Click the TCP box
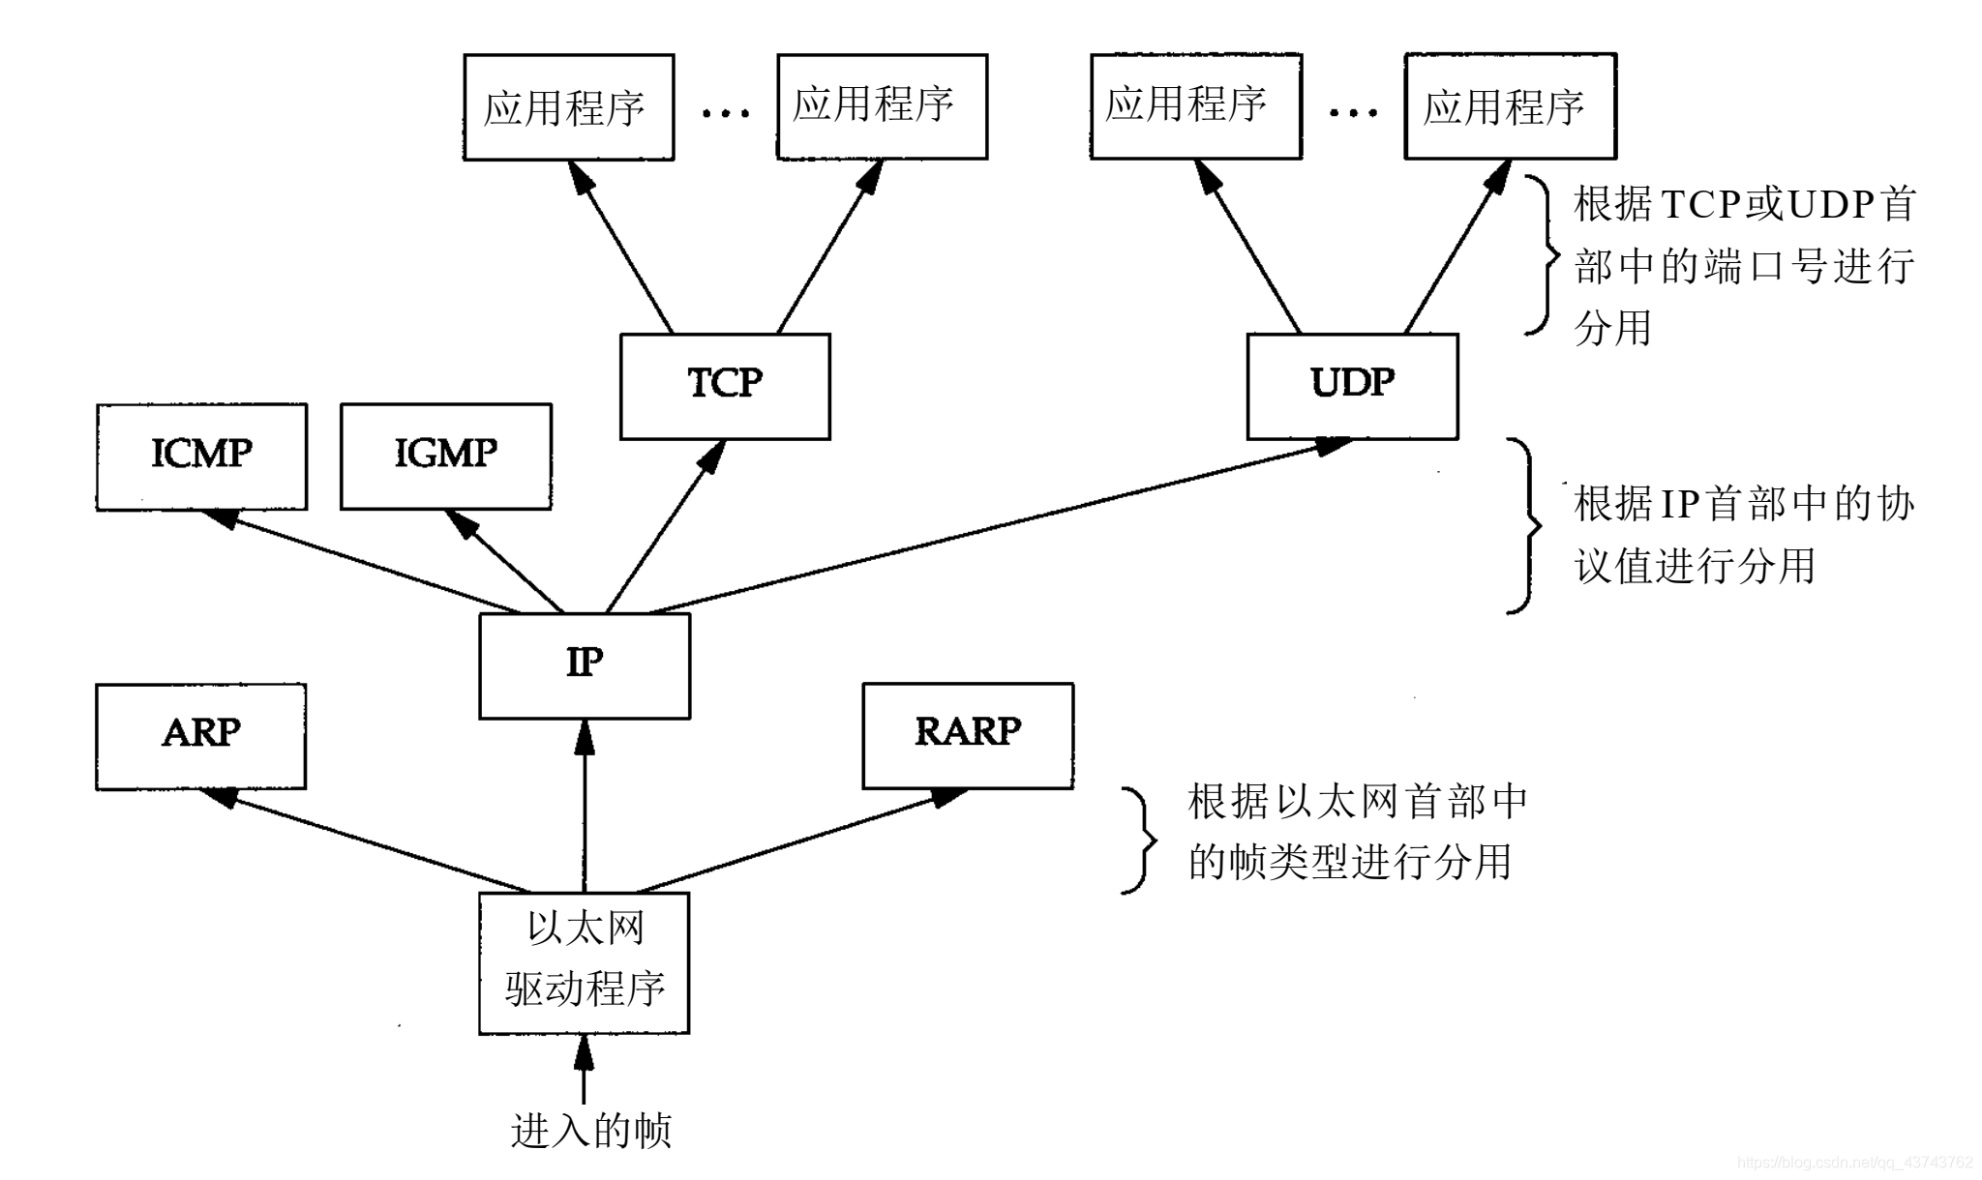(x=725, y=386)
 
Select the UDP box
(x=1352, y=386)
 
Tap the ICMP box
(x=201, y=456)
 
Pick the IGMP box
(x=446, y=456)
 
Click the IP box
(x=585, y=665)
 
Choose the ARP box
(x=200, y=736)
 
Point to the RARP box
(x=968, y=735)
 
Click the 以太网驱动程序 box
(x=585, y=962)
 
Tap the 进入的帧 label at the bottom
(x=590, y=1131)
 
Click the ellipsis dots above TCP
(x=725, y=113)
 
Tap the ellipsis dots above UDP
(x=1353, y=113)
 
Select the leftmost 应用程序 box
(x=568, y=107)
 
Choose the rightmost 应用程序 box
(x=1510, y=106)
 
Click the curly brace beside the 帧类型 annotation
(x=1139, y=840)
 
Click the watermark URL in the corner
(x=1854, y=1163)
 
